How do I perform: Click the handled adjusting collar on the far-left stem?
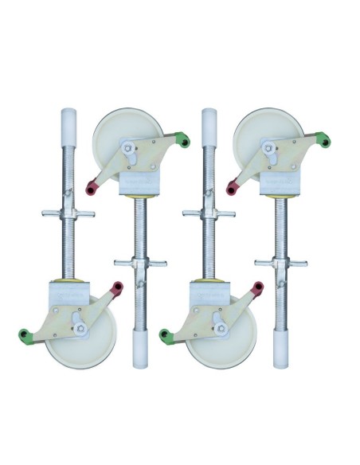[68, 213]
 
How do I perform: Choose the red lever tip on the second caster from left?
[91, 188]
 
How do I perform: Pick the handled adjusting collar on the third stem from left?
[209, 213]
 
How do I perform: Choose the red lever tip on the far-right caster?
[233, 188]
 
